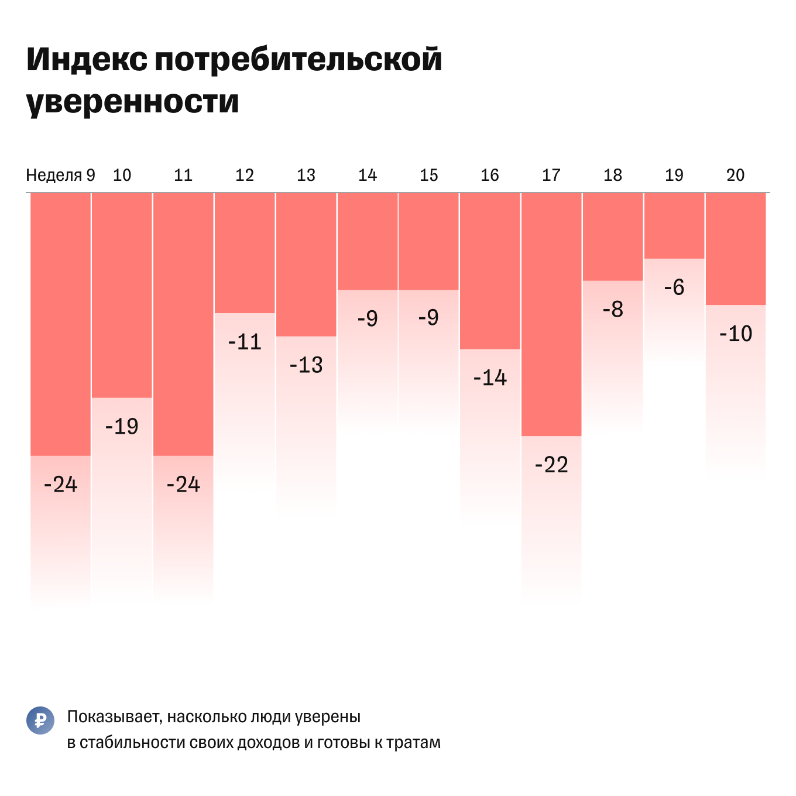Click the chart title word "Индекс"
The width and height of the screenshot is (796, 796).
pos(87,60)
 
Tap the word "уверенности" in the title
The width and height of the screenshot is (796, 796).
pos(133,102)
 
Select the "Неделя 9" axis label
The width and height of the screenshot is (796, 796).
pos(60,175)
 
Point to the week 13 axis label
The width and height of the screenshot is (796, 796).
pos(306,175)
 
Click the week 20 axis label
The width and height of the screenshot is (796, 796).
pos(735,175)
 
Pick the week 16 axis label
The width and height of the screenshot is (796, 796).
pos(489,175)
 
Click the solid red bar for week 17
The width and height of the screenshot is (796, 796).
pos(551,314)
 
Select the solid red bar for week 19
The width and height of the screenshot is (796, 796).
pos(674,226)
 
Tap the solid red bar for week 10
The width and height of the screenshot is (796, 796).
pos(122,296)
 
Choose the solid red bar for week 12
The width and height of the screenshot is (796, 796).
pos(245,253)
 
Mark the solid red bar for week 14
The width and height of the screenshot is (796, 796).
pos(368,241)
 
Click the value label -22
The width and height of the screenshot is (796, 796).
pos(551,465)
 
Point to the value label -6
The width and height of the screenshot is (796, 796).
pos(674,287)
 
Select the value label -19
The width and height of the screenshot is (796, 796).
pos(122,427)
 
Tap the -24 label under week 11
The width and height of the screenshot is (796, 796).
pos(183,485)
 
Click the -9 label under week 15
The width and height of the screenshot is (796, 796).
pos(428,318)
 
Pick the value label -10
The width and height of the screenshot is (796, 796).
pos(735,334)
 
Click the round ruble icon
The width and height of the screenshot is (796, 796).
pos(40,720)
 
